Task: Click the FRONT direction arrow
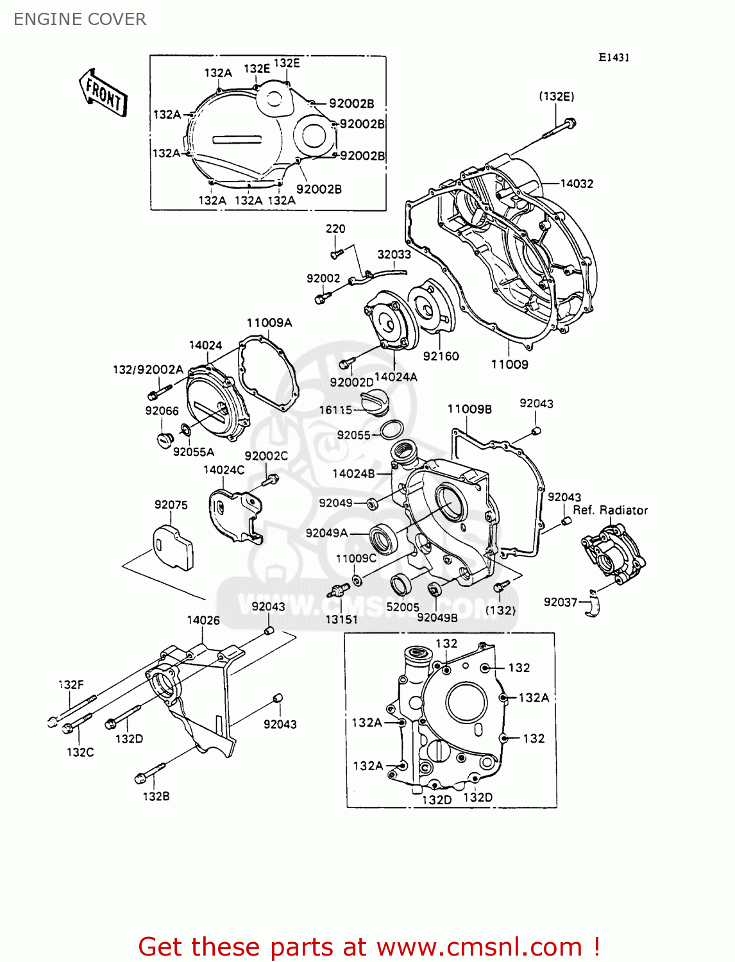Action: click(103, 94)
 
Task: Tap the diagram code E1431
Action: click(614, 57)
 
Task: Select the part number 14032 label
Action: click(577, 183)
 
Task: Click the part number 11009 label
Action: click(509, 364)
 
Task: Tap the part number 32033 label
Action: click(394, 255)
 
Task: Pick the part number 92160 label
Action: click(441, 356)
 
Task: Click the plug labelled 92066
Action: click(165, 441)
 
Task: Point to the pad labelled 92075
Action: click(173, 546)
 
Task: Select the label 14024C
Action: click(223, 469)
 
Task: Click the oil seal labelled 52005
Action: click(402, 585)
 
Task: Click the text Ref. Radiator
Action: click(610, 511)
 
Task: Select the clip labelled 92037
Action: click(594, 603)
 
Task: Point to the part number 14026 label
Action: click(203, 620)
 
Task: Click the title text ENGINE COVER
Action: click(80, 19)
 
